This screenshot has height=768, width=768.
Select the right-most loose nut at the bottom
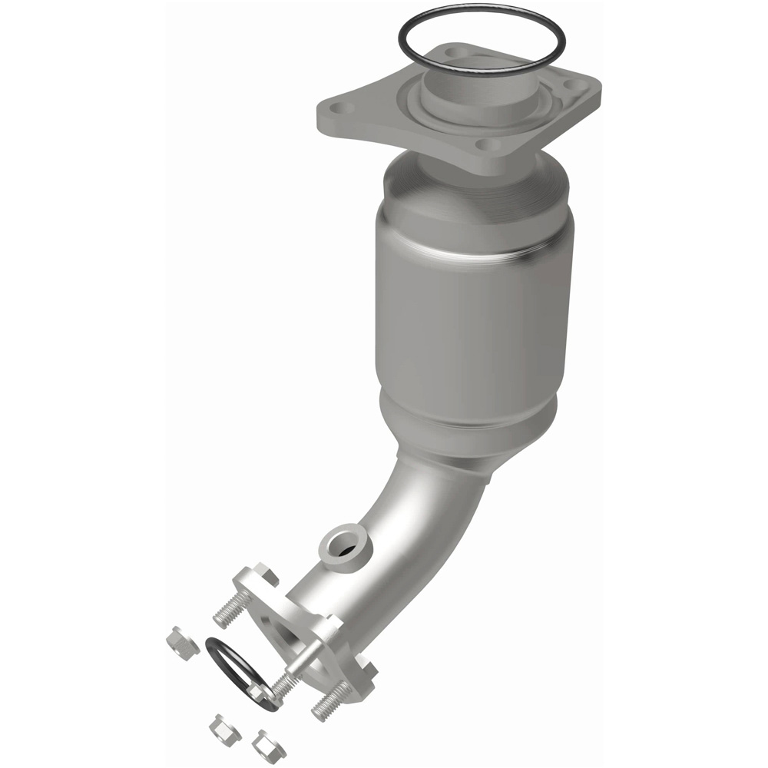click(x=269, y=743)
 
